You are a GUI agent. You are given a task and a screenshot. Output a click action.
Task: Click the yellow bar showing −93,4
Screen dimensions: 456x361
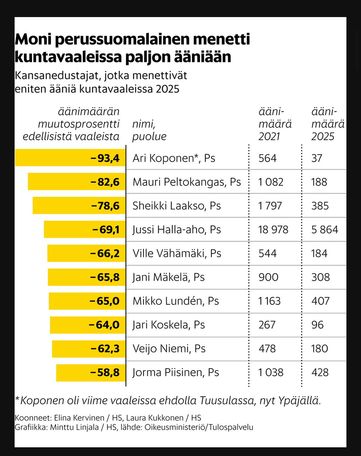(70, 158)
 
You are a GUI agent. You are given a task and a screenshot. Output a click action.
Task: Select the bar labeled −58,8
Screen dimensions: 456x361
(91, 372)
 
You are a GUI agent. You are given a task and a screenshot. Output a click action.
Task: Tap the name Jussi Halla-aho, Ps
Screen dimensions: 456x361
(177, 230)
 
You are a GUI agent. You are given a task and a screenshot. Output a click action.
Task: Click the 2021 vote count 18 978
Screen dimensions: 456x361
(273, 230)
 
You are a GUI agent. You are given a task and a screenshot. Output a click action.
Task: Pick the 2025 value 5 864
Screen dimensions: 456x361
(325, 230)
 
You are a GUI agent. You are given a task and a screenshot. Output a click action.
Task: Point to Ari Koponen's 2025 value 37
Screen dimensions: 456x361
(317, 158)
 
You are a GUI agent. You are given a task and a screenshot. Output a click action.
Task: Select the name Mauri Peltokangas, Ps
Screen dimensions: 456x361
(187, 182)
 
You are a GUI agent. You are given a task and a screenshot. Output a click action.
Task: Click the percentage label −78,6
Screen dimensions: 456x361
(106, 206)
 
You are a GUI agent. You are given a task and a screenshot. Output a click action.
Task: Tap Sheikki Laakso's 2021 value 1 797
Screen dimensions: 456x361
(270, 206)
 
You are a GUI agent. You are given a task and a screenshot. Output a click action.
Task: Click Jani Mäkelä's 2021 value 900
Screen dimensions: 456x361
(268, 277)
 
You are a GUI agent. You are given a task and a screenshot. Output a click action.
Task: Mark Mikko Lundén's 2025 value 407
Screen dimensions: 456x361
(320, 301)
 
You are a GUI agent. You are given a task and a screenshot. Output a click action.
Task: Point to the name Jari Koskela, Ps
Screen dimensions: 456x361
(169, 325)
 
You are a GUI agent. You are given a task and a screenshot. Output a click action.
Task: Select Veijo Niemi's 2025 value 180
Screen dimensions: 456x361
(320, 349)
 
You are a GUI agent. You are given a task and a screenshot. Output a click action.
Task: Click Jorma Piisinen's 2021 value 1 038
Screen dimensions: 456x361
(271, 372)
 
